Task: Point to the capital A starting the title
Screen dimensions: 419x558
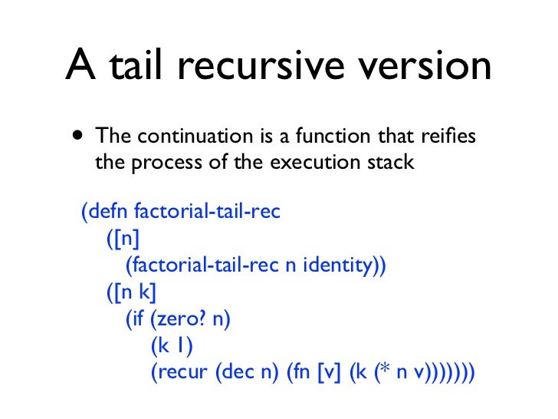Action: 80,68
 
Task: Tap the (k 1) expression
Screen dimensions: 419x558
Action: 171,346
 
